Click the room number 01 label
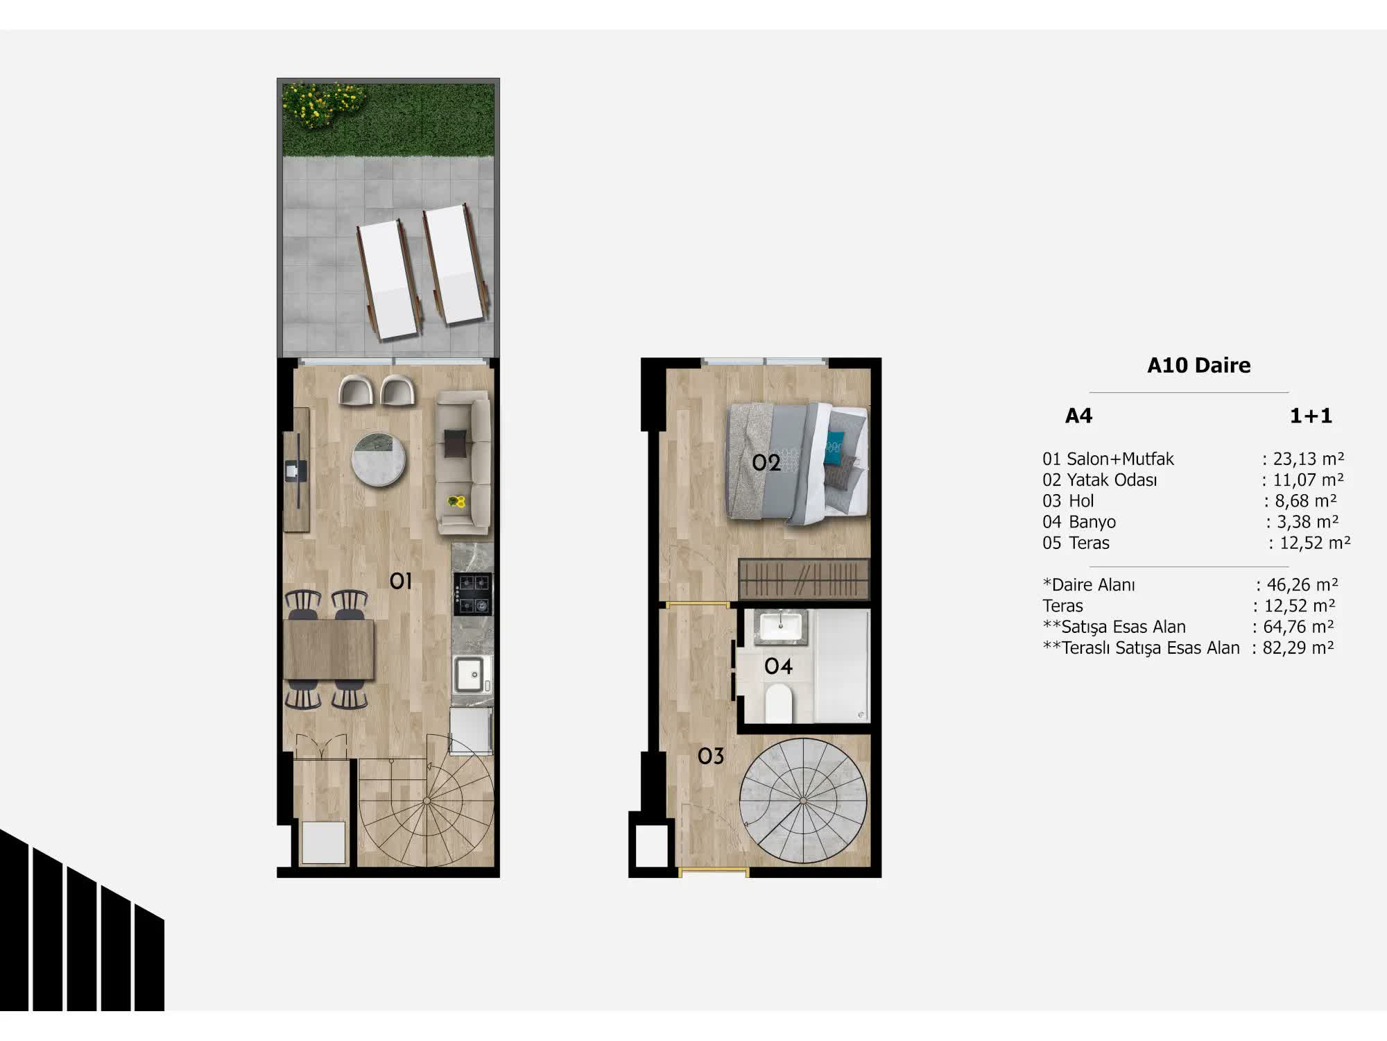[x=401, y=581]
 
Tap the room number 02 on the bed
[x=766, y=463]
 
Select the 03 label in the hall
[x=711, y=756]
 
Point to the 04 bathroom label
[x=778, y=667]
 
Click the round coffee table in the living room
[x=378, y=459]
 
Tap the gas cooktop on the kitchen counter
[x=473, y=594]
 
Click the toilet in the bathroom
[x=779, y=702]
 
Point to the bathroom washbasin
[x=780, y=627]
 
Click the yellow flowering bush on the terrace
[x=323, y=105]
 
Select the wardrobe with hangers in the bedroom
[x=804, y=578]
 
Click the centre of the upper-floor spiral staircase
[x=803, y=802]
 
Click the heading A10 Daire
[x=1198, y=366]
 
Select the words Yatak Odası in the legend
[x=1112, y=480]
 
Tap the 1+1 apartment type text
[x=1311, y=416]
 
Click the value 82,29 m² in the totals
[x=1298, y=648]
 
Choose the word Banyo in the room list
[x=1092, y=522]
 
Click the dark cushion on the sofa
[x=456, y=443]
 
